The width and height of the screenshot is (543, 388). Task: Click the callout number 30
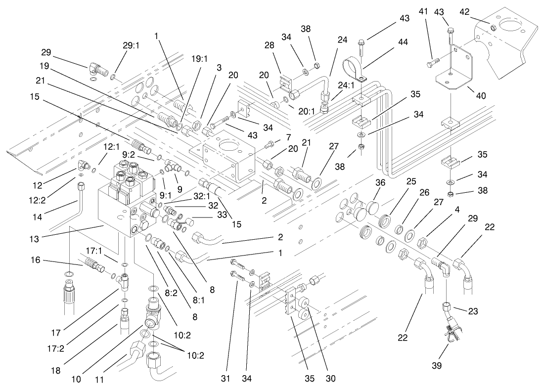[331, 379]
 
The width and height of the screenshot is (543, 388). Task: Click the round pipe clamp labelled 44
[354, 67]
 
